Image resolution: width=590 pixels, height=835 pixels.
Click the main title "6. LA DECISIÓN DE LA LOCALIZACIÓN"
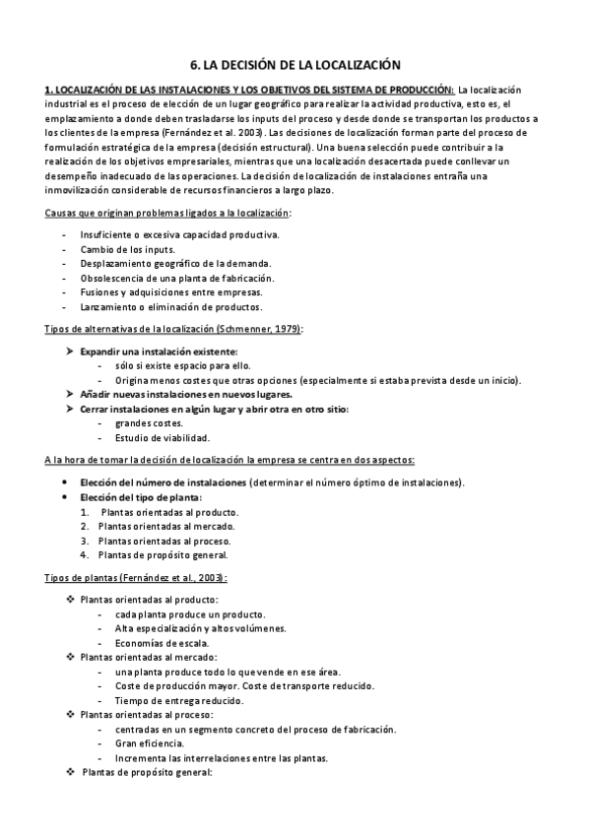click(295, 64)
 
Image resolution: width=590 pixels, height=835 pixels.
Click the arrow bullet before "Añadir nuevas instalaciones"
click(68, 394)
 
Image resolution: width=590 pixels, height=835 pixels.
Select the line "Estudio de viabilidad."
click(162, 437)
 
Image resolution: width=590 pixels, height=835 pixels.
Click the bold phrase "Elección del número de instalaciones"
click(163, 482)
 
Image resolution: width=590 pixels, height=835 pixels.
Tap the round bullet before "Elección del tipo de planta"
click(64, 497)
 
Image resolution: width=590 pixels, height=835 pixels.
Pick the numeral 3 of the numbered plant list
click(85, 541)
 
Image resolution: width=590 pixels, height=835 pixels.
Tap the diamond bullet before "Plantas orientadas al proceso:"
click(68, 714)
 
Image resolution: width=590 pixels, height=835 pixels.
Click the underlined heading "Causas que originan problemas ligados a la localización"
click(168, 213)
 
